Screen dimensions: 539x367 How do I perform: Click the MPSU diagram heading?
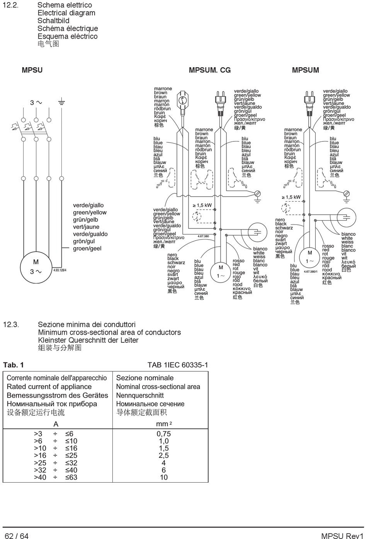coord(32,70)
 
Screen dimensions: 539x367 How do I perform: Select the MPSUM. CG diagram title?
coord(209,70)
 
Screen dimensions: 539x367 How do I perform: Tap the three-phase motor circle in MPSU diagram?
coord(36,267)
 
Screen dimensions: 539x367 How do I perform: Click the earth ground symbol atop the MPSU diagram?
coord(61,102)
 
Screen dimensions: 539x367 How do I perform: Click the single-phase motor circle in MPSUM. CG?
coord(221,272)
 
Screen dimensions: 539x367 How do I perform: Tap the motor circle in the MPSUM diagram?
coord(310,257)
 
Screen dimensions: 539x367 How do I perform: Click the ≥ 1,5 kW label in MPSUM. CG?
coord(202,205)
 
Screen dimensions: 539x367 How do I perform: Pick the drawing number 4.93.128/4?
coord(60,270)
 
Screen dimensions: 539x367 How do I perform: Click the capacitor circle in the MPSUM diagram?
coord(346,217)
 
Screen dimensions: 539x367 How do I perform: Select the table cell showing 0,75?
coord(163,434)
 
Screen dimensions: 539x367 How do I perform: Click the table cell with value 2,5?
coord(163,456)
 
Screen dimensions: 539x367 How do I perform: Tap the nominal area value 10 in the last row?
coord(163,477)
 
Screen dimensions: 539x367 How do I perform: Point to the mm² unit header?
coord(163,424)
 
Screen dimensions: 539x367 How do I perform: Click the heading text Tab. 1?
coord(14,365)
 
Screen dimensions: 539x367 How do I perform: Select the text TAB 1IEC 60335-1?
coord(177,365)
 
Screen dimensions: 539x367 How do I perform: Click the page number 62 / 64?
coord(17,536)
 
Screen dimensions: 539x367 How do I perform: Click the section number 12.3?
coord(11,325)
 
